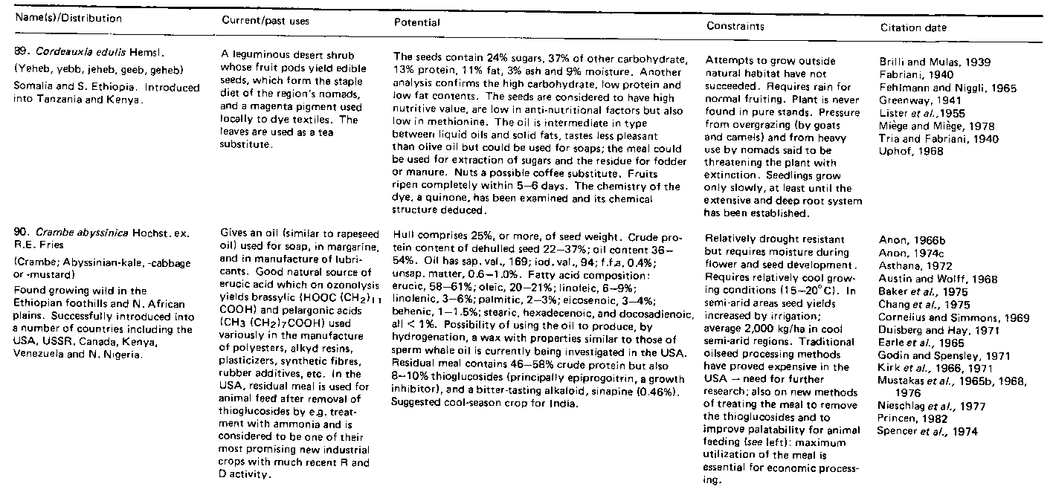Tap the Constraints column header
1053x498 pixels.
coord(735,26)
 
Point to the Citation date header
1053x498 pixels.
coord(914,28)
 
